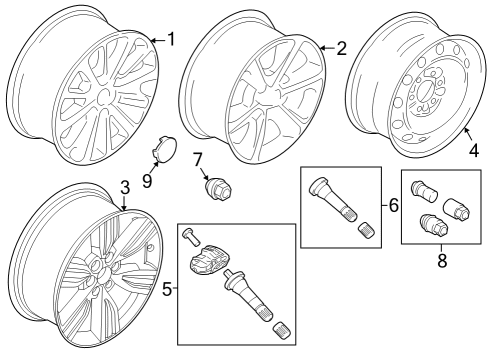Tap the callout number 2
[x=341, y=47]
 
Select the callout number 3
[x=124, y=186]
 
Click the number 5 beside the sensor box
[x=168, y=291]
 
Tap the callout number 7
[x=197, y=158]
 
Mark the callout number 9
[x=146, y=180]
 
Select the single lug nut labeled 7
[x=215, y=187]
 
